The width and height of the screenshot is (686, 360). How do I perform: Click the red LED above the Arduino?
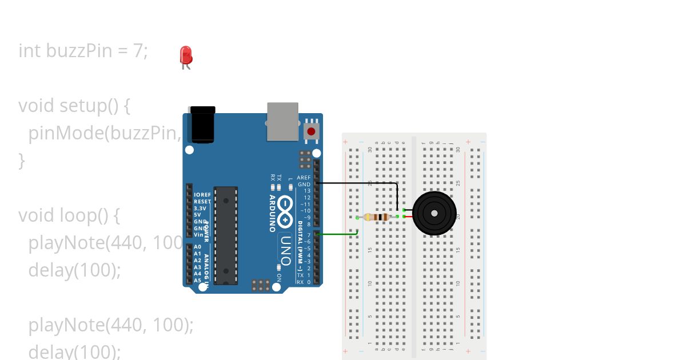tap(186, 55)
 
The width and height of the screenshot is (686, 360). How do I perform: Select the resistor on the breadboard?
tap(377, 217)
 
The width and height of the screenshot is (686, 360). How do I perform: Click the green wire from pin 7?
tap(337, 234)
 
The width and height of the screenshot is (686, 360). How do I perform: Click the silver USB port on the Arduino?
tap(282, 121)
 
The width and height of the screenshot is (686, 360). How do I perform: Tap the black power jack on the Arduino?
tap(203, 124)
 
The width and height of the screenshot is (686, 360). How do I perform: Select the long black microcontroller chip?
tap(226, 235)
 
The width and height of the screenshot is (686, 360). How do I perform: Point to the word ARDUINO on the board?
tap(272, 213)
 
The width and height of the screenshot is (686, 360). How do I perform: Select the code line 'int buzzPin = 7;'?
tap(83, 51)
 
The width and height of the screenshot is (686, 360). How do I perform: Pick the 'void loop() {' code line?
tap(69, 215)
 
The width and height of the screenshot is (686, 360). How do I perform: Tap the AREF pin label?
tap(304, 178)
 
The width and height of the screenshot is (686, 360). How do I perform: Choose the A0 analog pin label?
tap(197, 247)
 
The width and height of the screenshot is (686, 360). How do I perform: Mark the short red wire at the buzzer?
tap(408, 217)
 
